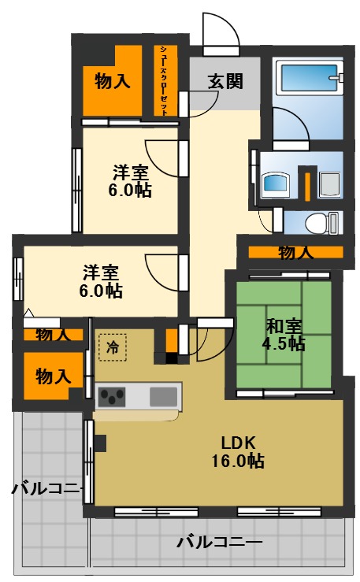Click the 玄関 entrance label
click(x=225, y=81)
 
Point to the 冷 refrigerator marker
click(x=113, y=347)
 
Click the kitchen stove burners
click(x=112, y=395)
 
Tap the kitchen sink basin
click(x=165, y=394)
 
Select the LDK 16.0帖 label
click(x=237, y=451)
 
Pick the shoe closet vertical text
click(x=164, y=81)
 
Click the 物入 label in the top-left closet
click(x=112, y=80)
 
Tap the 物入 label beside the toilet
click(x=295, y=253)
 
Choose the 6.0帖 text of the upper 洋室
click(x=130, y=189)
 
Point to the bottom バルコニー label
click(x=219, y=542)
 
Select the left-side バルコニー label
click(x=47, y=489)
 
